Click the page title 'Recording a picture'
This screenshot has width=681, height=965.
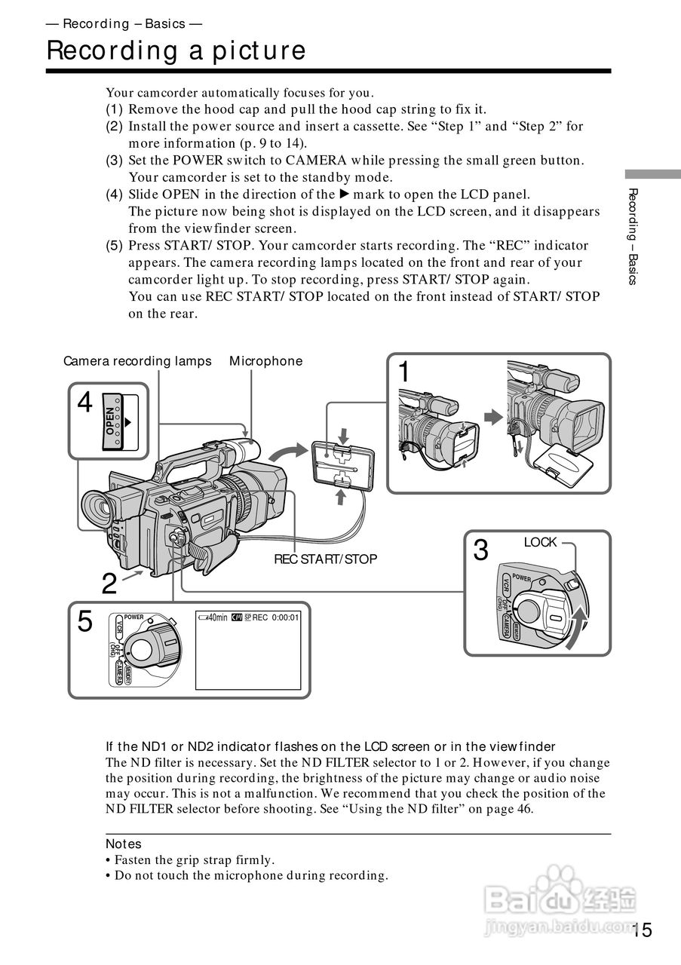pos(176,51)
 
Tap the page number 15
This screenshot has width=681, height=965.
pos(642,930)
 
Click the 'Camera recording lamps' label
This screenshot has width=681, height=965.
pos(137,361)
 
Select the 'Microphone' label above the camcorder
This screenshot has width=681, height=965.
pos(265,361)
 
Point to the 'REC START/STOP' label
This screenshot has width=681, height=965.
pos(325,559)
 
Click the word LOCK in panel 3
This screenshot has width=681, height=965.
pos(540,542)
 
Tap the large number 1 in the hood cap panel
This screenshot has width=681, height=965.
pos(405,372)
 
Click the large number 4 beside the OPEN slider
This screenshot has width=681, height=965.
pos(84,403)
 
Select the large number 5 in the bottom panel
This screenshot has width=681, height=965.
pos(85,623)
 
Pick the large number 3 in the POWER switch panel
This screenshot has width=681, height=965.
pos(480,550)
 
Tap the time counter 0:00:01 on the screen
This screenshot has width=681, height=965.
pos(285,617)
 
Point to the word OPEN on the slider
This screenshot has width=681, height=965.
pos(111,421)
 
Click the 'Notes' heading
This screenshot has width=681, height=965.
pos(123,844)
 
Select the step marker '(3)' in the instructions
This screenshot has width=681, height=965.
pos(114,160)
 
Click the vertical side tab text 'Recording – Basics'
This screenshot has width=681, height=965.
pos(633,236)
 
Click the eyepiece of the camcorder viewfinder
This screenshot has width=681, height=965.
pos(97,510)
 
